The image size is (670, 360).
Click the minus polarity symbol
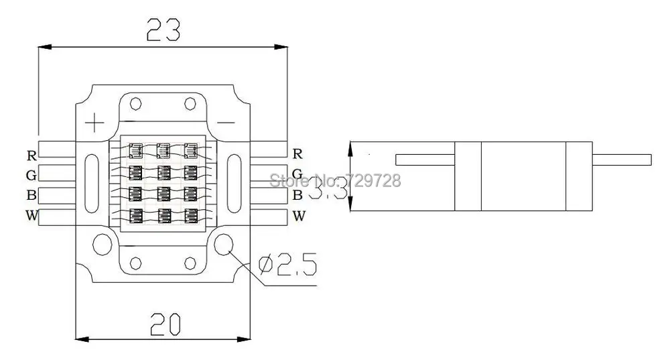[226, 122]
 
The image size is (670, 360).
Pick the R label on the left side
[31, 156]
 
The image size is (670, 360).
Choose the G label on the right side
[298, 175]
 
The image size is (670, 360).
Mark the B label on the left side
[31, 196]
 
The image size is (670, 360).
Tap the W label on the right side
[299, 216]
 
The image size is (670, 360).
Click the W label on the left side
[31, 216]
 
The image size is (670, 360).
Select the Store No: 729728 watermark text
[334, 180]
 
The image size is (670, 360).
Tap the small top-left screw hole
[136, 104]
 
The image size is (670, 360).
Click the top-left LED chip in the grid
[136, 149]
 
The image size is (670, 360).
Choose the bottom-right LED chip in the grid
[190, 216]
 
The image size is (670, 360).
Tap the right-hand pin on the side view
[622, 160]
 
